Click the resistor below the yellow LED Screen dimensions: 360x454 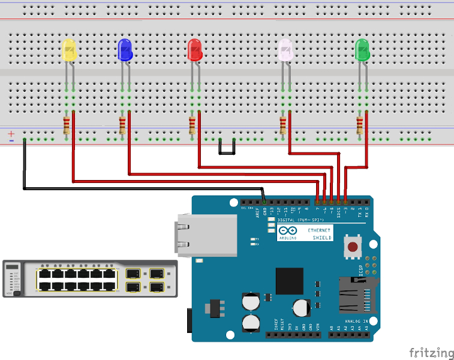(x=66, y=126)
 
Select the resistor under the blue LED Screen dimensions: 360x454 (x=122, y=126)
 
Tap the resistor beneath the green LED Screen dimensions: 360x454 (x=359, y=126)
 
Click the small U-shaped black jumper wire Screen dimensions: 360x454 (x=226, y=149)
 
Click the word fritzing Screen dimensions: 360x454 (x=431, y=352)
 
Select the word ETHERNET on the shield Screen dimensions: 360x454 (x=318, y=230)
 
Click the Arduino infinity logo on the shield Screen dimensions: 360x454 (x=287, y=230)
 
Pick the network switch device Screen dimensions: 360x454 (x=90, y=278)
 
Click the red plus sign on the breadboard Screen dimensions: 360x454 (x=11, y=134)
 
